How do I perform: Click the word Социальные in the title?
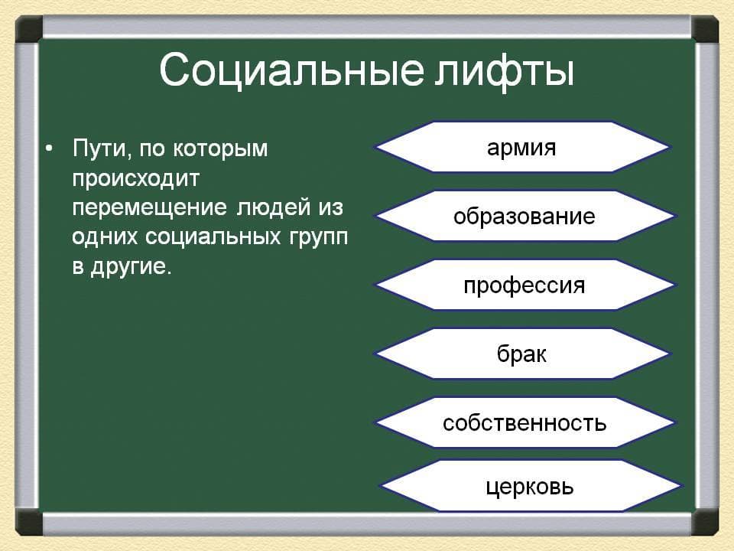(x=291, y=70)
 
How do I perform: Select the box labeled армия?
(x=522, y=147)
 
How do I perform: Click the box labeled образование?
(x=525, y=216)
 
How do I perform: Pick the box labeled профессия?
(x=525, y=285)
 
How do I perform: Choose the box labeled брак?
(x=522, y=354)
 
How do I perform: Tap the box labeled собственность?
(x=525, y=422)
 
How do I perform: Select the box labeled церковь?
(x=530, y=486)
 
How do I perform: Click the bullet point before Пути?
(x=49, y=149)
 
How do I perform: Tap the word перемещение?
(x=150, y=208)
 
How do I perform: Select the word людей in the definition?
(x=274, y=208)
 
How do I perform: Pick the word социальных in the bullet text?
(x=213, y=237)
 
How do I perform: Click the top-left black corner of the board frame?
(x=29, y=29)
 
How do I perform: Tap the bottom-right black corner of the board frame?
(x=705, y=522)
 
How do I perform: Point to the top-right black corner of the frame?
(x=705, y=29)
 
